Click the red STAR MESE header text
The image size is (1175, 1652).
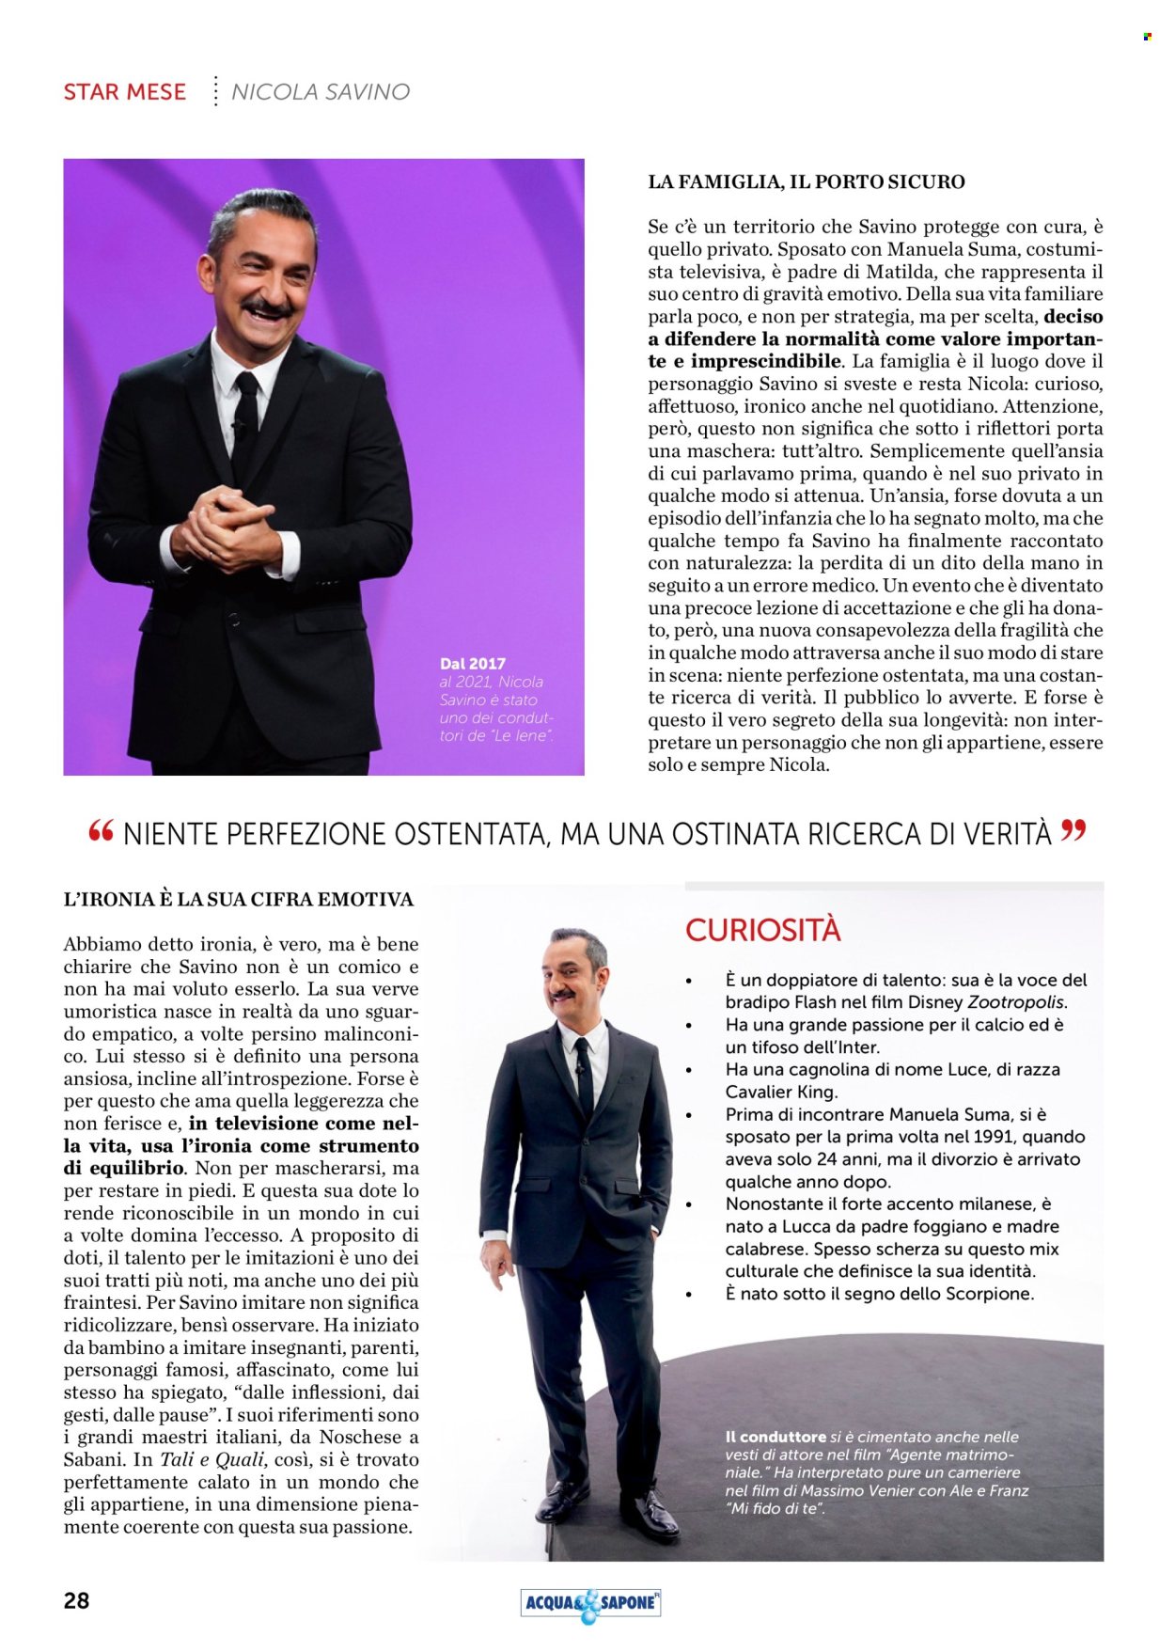pos(124,92)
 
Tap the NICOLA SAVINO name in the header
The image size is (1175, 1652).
pos(321,92)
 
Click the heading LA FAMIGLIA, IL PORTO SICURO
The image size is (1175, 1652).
pos(806,182)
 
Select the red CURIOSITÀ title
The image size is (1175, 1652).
pos(762,930)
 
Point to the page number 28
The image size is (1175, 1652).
pos(76,1600)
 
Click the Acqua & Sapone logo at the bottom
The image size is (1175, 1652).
pos(590,1603)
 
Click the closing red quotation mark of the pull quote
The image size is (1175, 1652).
pos(1073,830)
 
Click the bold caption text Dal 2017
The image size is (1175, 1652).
pos(472,664)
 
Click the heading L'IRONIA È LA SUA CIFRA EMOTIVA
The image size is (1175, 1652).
pos(238,900)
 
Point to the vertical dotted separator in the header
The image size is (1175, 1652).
pos(215,91)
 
